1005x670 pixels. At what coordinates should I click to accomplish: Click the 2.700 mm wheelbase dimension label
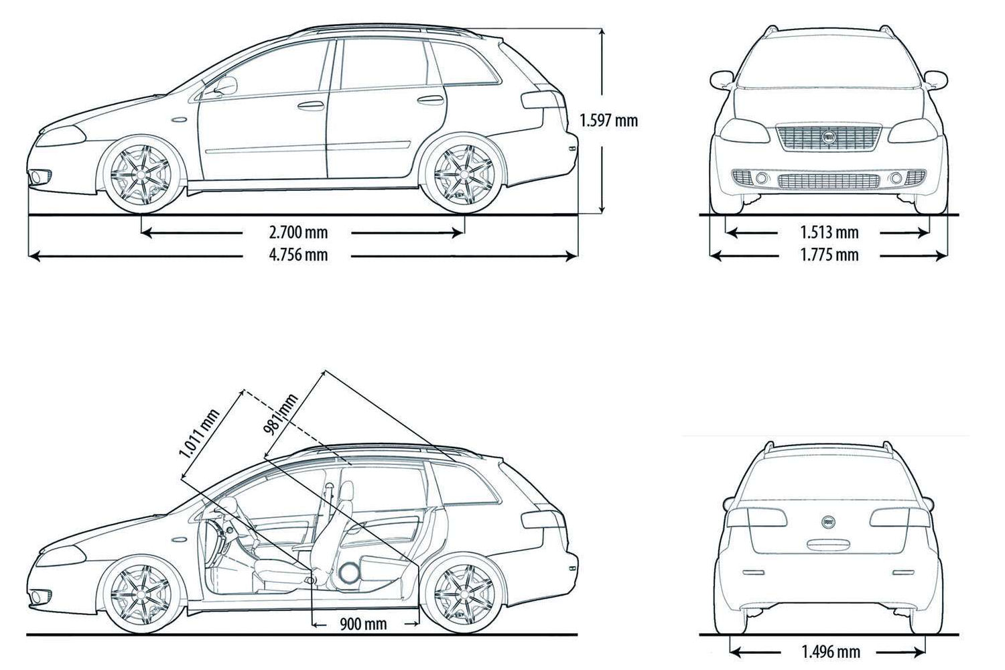coord(298,232)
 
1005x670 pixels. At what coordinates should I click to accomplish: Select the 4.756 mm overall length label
coord(298,255)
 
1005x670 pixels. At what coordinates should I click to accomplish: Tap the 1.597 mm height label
coord(608,121)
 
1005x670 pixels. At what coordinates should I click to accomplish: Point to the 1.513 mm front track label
coord(829,232)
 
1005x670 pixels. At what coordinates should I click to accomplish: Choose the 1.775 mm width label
coord(829,255)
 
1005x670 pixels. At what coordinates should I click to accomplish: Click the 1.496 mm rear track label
coord(830,651)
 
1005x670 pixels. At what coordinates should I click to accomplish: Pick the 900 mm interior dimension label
coord(363,624)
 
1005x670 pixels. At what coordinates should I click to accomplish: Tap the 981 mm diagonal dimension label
coord(280,415)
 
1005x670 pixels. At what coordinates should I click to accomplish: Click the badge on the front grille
coord(829,136)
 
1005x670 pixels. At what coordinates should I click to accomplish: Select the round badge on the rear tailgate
coord(829,521)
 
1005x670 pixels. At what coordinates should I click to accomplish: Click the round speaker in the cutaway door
coord(349,572)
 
